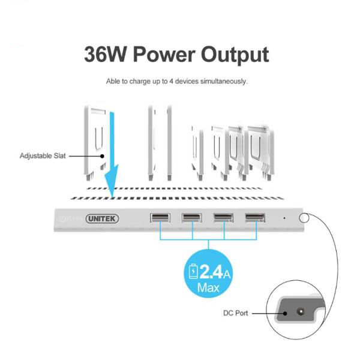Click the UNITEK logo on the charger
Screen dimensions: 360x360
coord(102,218)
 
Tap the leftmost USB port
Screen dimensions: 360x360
coord(160,217)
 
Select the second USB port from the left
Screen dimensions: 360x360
coord(192,217)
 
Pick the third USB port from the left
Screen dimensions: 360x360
coord(224,217)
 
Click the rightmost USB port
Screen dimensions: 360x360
coord(255,217)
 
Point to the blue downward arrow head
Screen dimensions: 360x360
coord(112,181)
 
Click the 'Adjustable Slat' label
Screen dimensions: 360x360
coord(43,156)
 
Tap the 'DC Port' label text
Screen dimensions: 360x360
coord(236,313)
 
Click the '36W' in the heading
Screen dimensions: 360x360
coord(105,55)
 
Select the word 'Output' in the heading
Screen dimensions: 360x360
coord(235,55)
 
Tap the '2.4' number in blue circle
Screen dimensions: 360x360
coord(211,272)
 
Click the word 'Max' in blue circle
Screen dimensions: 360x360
coord(208,287)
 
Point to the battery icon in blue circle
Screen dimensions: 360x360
coord(193,271)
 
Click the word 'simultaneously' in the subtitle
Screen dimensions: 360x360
coord(224,81)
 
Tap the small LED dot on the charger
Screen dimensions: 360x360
coord(284,218)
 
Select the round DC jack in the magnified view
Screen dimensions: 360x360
coord(301,311)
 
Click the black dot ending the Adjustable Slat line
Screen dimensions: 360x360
coord(102,156)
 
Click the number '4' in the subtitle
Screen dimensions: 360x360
coord(171,81)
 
